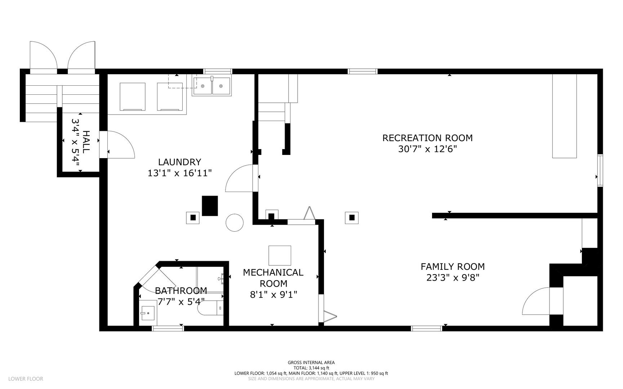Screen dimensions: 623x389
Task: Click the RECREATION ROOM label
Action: pyautogui.click(x=427, y=138)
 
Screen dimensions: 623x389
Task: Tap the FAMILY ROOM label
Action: pyautogui.click(x=453, y=267)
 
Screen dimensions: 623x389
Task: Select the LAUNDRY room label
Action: pyautogui.click(x=179, y=162)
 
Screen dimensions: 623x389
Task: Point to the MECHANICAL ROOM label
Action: pyautogui.click(x=273, y=278)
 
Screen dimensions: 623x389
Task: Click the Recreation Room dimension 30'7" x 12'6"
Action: pyautogui.click(x=427, y=149)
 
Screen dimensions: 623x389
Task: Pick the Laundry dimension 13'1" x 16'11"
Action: pyautogui.click(x=179, y=173)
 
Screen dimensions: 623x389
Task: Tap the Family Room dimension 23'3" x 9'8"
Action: pyautogui.click(x=453, y=278)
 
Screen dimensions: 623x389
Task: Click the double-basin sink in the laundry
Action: pyautogui.click(x=212, y=86)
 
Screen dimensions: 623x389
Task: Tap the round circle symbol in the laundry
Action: pyautogui.click(x=235, y=223)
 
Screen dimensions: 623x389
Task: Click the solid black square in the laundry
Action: pyautogui.click(x=210, y=206)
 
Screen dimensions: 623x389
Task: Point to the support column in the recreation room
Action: pyautogui.click(x=352, y=217)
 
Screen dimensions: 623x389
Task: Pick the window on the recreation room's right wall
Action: pyautogui.click(x=600, y=170)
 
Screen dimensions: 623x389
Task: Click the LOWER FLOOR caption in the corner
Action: pyautogui.click(x=26, y=379)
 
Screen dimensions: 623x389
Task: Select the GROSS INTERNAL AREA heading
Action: pyautogui.click(x=311, y=363)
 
